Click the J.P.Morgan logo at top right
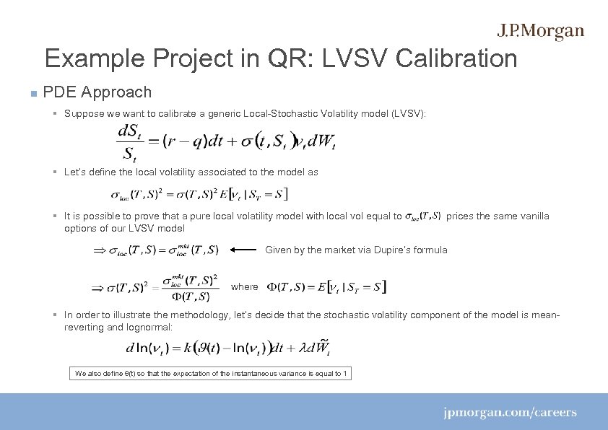(x=540, y=31)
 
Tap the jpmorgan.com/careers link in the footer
(x=510, y=413)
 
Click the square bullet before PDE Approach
(x=32, y=94)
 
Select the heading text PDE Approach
(x=97, y=92)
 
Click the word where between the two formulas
(x=244, y=287)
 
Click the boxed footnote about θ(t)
(x=211, y=374)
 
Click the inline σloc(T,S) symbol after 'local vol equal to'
(x=423, y=216)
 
